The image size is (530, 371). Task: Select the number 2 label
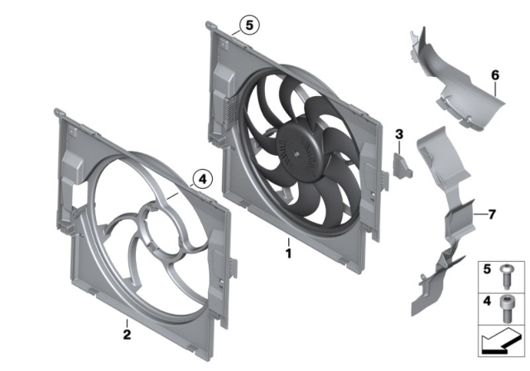tap(126, 334)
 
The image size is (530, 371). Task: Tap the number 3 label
tap(398, 134)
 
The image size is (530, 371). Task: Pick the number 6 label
tap(494, 76)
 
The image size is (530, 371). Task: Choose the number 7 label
tap(492, 214)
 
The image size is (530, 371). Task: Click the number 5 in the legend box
tap(489, 269)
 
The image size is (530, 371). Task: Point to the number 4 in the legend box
tap(489, 299)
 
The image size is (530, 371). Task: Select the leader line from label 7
tap(479, 214)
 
